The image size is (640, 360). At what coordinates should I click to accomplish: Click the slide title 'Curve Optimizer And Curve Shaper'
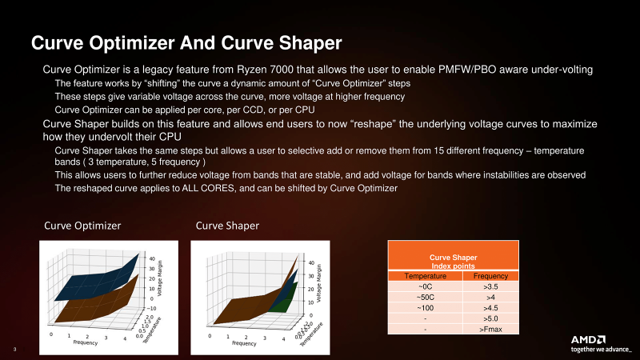[186, 42]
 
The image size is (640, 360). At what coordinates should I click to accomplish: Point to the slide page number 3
[15, 349]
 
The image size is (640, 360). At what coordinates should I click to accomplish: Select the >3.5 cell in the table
[491, 285]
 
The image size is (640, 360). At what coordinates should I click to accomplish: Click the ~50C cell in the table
[424, 295]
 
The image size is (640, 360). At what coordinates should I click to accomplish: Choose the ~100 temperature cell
[424, 306]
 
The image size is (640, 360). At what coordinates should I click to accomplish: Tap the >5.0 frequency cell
[491, 317]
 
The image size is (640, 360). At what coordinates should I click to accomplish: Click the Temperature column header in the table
[424, 274]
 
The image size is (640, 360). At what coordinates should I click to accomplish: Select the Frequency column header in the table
[491, 274]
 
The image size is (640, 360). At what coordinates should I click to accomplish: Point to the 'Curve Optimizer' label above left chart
[82, 226]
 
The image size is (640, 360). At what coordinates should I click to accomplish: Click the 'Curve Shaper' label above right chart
[227, 226]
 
